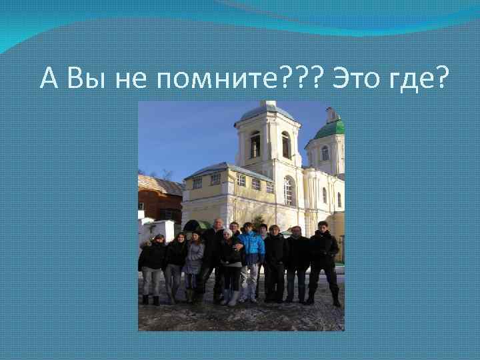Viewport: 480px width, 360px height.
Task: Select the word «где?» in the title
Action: click(419, 79)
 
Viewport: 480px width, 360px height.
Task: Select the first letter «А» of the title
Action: click(49, 79)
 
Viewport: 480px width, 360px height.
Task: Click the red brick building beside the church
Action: click(158, 203)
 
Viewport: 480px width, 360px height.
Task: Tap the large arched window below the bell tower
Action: click(289, 191)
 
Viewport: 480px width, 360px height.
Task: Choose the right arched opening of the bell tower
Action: click(286, 145)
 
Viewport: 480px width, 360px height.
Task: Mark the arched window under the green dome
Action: click(325, 153)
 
